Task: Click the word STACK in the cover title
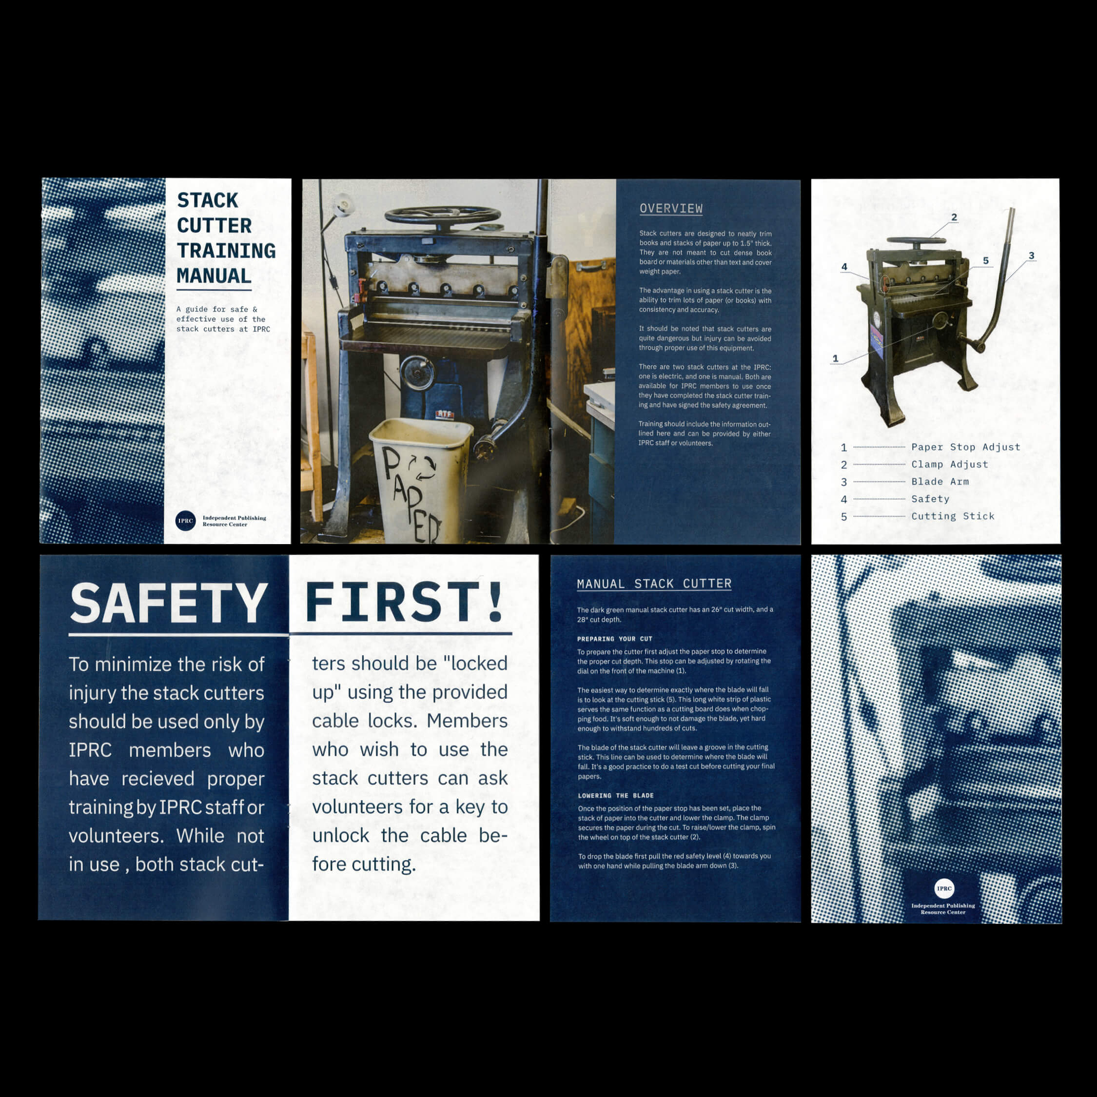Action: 208,200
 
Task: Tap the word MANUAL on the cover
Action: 214,276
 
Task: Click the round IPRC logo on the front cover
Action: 186,521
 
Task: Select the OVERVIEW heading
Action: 671,208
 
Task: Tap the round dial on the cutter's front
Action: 417,373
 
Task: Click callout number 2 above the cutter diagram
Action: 954,217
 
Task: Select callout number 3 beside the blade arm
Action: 1031,255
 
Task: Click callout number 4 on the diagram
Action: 844,266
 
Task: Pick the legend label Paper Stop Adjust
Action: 966,447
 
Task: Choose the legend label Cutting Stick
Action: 953,516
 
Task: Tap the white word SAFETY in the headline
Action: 169,603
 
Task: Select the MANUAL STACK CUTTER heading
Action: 654,584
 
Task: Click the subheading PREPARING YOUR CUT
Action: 615,639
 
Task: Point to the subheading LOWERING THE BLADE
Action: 616,796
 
